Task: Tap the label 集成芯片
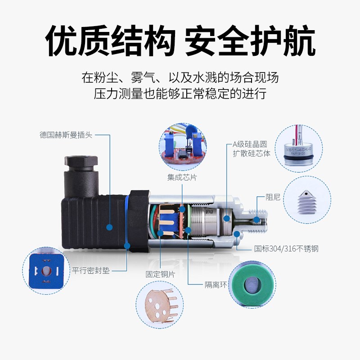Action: (x=182, y=177)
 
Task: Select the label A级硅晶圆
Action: (x=250, y=144)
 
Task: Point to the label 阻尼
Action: (x=273, y=197)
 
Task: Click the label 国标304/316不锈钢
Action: (x=286, y=248)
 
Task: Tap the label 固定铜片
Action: (x=160, y=274)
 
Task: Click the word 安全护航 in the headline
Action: (x=250, y=42)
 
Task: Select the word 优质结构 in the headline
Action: (x=110, y=42)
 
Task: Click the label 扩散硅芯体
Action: (x=252, y=153)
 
